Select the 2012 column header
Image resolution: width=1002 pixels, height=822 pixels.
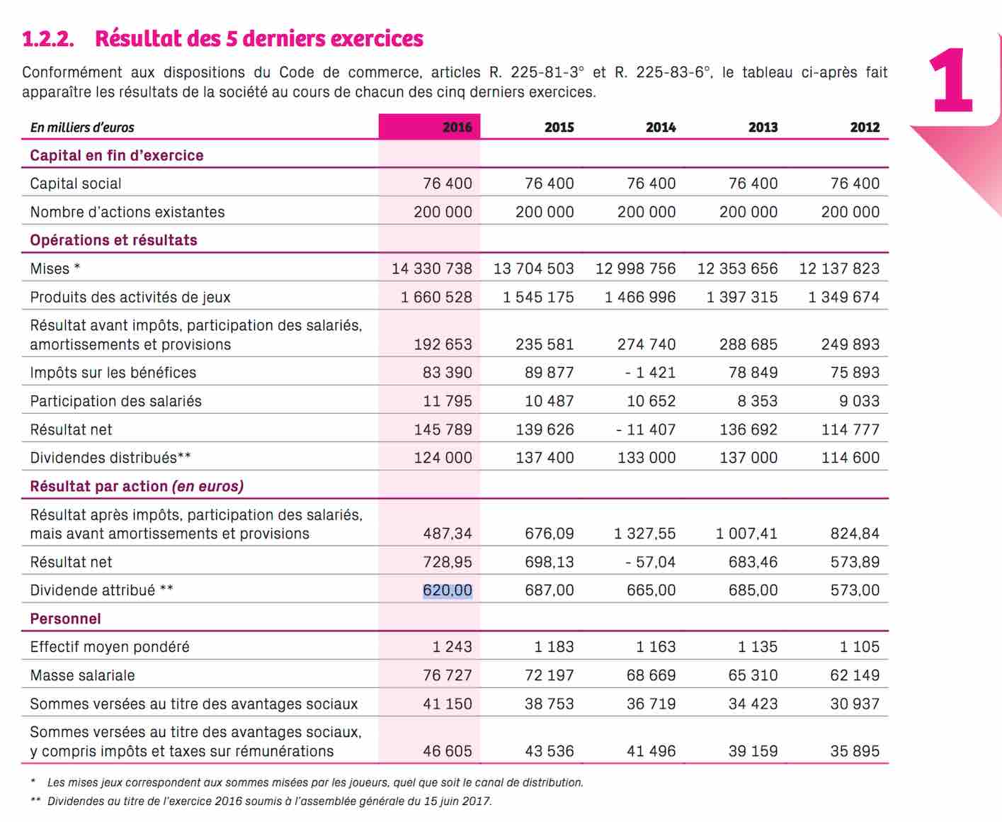point(864,128)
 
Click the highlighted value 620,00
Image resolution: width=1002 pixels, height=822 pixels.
point(447,590)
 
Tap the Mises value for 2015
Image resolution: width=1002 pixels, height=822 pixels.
point(533,269)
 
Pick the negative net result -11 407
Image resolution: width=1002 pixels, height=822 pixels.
point(646,430)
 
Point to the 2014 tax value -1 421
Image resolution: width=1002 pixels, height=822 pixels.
point(650,373)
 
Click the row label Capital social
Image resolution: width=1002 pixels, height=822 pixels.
point(76,184)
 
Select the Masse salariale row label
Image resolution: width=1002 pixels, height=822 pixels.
point(82,675)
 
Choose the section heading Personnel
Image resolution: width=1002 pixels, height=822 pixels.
point(66,619)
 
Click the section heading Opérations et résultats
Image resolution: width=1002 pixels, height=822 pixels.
point(113,240)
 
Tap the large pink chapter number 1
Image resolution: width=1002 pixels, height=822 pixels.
point(951,80)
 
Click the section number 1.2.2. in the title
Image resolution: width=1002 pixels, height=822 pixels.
point(48,39)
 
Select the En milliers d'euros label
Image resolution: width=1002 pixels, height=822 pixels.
point(82,128)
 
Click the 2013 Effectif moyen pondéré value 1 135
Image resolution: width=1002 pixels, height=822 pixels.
point(757,646)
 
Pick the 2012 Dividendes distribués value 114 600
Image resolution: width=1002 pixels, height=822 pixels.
point(850,458)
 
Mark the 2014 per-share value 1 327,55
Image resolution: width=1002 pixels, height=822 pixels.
point(644,534)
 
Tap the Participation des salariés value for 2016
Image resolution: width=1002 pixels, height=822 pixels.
point(448,401)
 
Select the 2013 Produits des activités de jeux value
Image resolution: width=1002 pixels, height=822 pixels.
point(741,297)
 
